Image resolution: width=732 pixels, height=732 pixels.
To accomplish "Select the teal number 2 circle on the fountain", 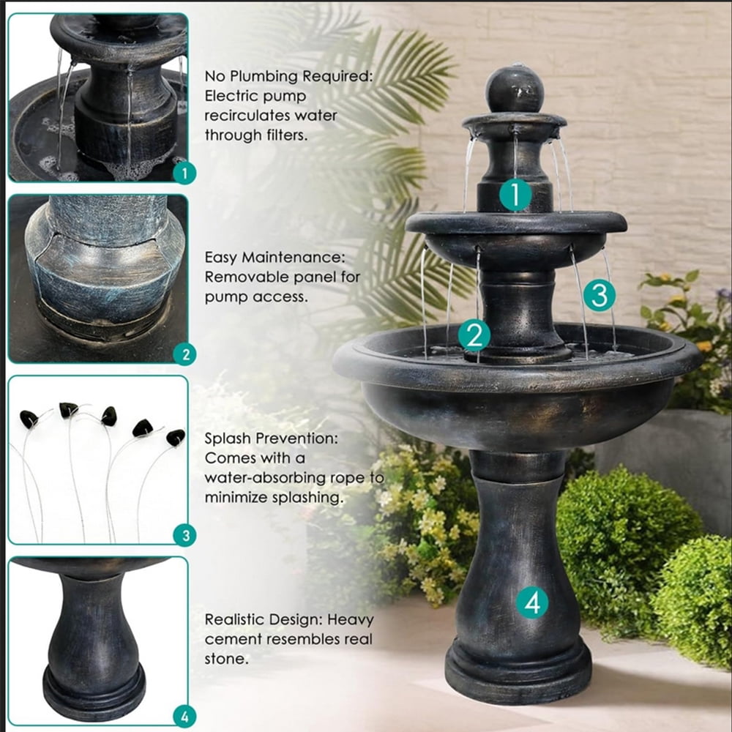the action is [474, 335].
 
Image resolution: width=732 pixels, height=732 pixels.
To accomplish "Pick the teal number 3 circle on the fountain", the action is [600, 295].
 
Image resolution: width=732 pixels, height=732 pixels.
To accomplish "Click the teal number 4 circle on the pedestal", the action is [533, 602].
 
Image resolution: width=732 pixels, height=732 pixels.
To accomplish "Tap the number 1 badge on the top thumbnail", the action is [184, 173].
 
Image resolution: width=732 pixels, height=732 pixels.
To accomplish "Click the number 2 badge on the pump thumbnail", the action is [185, 354].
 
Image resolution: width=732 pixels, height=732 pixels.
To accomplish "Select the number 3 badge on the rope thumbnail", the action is [185, 535].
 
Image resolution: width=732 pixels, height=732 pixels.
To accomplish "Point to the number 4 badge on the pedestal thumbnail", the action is [185, 716].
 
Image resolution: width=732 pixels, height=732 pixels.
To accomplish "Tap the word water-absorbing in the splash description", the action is [265, 478].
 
